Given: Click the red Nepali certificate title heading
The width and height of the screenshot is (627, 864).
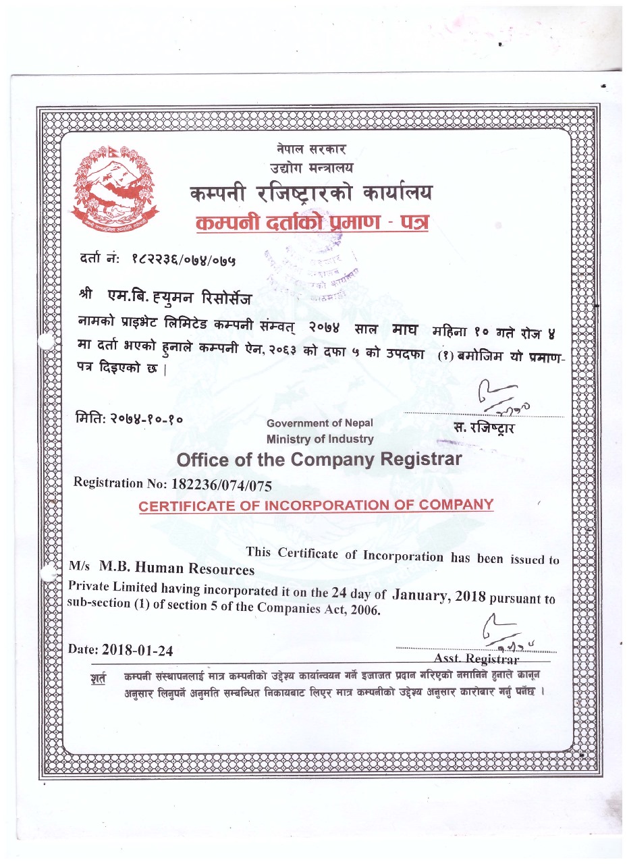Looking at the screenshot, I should pos(311,223).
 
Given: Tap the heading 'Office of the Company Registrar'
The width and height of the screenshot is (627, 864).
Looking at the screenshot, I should pos(319,460).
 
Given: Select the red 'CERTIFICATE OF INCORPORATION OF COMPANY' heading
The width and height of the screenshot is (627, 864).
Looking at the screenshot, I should pos(316,505).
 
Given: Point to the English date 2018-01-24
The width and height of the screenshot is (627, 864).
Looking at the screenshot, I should pos(138,651).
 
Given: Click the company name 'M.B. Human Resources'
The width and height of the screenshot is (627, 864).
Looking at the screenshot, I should pos(177,569).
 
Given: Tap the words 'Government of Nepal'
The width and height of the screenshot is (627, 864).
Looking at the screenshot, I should pos(320,423).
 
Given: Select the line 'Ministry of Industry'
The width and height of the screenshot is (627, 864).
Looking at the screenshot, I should pos(320,439).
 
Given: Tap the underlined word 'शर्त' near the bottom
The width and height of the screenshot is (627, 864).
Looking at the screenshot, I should pos(99,678).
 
